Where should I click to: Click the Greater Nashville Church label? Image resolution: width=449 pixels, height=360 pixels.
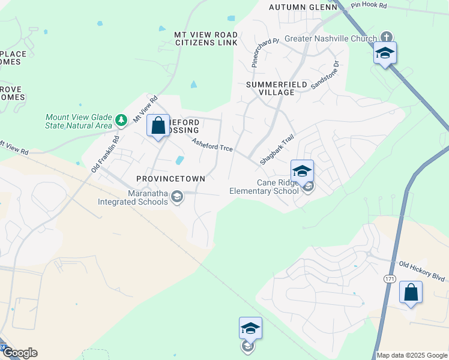[330, 38]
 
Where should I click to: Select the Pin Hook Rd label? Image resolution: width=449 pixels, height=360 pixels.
[369, 5]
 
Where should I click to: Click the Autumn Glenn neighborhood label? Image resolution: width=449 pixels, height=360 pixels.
[300, 7]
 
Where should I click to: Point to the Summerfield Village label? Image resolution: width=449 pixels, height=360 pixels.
[270, 88]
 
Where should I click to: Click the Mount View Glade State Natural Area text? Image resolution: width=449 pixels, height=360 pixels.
[78, 121]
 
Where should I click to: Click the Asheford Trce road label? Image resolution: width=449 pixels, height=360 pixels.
[212, 145]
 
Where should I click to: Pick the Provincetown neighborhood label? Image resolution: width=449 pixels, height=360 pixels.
[170, 179]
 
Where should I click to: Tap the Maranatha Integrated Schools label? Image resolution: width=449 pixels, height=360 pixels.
[133, 197]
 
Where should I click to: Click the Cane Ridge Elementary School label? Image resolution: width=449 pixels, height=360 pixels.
[264, 187]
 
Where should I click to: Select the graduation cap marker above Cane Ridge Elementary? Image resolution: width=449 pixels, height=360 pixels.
[302, 171]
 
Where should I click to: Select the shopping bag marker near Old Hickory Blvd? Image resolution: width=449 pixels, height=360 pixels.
[411, 293]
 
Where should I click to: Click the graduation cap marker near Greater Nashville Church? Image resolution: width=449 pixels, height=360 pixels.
[385, 53]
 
